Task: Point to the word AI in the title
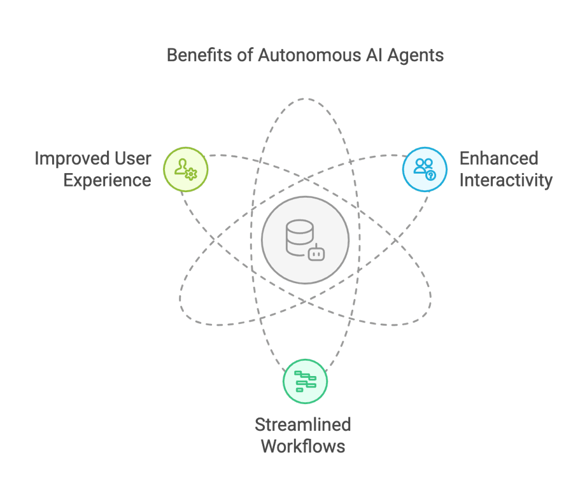373,55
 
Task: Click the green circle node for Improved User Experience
185,169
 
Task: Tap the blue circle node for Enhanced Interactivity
425,169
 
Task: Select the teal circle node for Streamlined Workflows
305,381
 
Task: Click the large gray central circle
305,241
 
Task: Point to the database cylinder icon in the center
299,236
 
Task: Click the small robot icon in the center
316,253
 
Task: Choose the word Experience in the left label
108,180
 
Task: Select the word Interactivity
505,180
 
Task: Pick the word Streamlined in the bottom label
303,424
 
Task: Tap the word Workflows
303,446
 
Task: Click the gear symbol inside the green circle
191,174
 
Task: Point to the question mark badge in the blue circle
430,175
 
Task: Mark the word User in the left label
132,158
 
